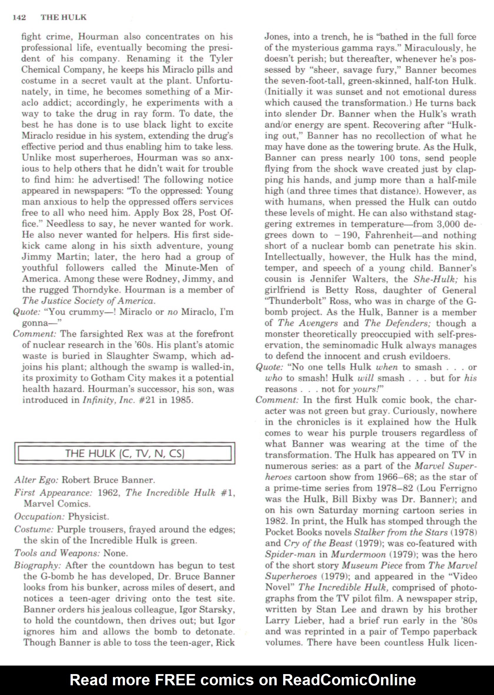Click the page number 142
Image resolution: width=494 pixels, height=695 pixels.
19,17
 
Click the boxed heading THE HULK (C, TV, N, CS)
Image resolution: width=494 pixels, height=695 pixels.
125,453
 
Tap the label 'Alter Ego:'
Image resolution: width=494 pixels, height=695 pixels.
36,480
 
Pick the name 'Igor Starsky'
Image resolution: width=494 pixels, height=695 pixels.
201,609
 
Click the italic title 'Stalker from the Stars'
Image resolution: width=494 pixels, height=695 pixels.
400,533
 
